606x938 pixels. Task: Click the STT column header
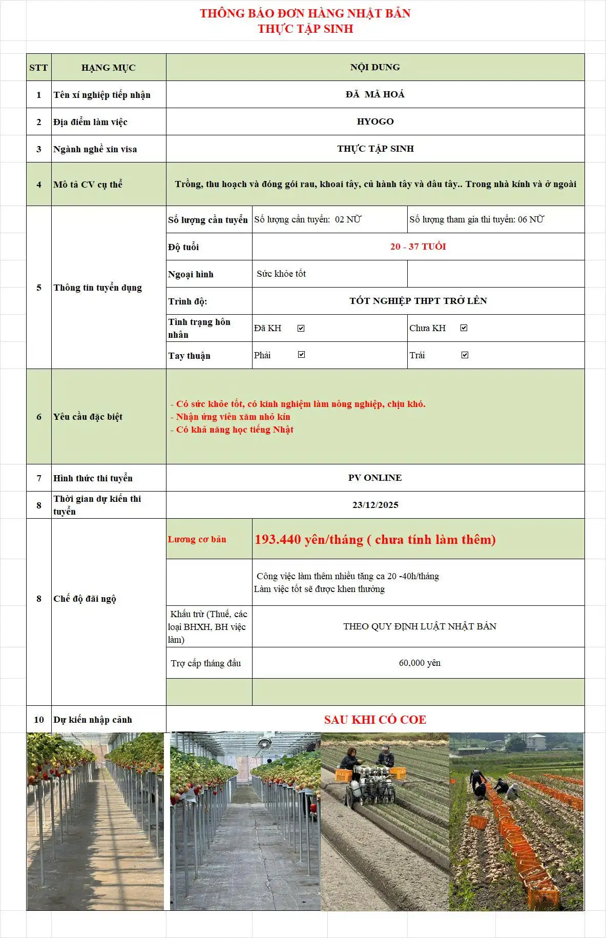(x=38, y=68)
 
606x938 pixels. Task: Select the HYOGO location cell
(x=375, y=121)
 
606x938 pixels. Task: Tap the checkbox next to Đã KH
(x=301, y=328)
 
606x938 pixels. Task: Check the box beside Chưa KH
(x=464, y=328)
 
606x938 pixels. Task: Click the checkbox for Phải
(x=301, y=355)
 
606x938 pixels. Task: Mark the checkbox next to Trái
(x=465, y=355)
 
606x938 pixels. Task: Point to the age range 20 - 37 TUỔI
(x=418, y=247)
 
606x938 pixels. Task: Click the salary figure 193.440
(x=278, y=539)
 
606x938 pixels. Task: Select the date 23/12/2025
(x=375, y=505)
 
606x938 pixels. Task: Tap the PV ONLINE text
(x=375, y=478)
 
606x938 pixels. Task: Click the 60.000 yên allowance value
(x=420, y=663)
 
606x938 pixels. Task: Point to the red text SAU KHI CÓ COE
(x=375, y=720)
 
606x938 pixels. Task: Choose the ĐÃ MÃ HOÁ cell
(x=375, y=94)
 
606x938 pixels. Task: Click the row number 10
(x=39, y=720)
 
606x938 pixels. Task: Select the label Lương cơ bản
(x=197, y=539)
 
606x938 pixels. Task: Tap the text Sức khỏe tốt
(x=281, y=274)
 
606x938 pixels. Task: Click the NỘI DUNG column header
(x=375, y=67)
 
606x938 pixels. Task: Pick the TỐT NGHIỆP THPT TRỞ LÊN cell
(x=418, y=301)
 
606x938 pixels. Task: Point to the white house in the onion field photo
(x=535, y=742)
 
